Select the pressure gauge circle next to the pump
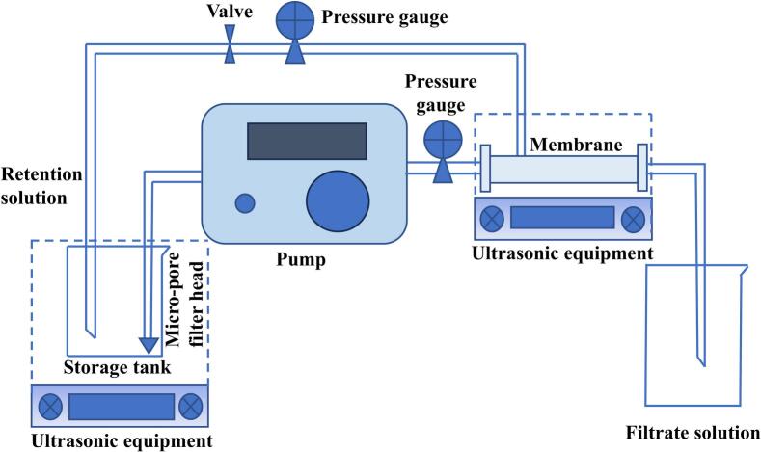pos(444,137)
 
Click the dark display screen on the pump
pos(307,141)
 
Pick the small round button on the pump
pos(246,202)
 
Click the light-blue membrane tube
pos(564,170)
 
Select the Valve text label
pos(230,12)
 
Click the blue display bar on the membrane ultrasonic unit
pos(562,218)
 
